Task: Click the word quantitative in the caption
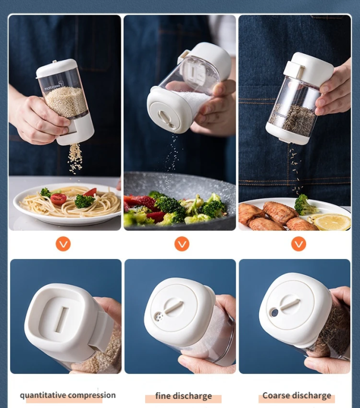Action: (x=43, y=395)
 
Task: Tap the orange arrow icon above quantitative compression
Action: (x=63, y=244)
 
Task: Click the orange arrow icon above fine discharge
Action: (x=181, y=244)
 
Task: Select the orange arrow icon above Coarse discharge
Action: (x=299, y=244)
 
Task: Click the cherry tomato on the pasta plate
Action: (x=58, y=198)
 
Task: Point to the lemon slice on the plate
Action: (x=332, y=222)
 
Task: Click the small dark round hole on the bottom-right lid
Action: (x=274, y=313)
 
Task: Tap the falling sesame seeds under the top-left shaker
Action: (x=75, y=159)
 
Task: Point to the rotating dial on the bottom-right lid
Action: (x=290, y=304)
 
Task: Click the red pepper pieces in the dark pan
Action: (x=139, y=202)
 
